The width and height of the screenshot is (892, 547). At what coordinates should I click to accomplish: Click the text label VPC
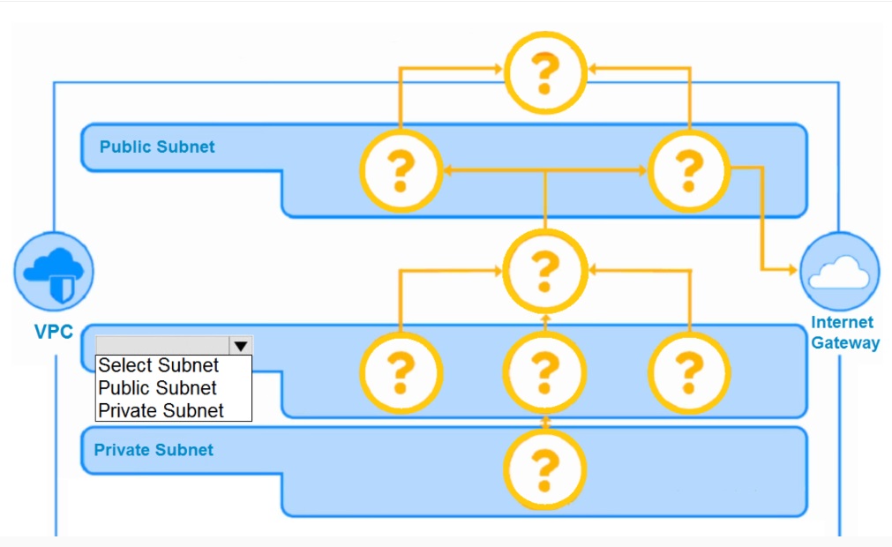[x=53, y=333]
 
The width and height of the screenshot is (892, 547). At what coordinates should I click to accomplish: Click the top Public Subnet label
[x=157, y=146]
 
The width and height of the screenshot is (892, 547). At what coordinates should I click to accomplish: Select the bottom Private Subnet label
[x=154, y=450]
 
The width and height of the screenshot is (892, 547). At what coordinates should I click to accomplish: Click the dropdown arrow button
[x=241, y=345]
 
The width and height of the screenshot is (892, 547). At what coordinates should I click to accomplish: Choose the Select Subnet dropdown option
[x=159, y=365]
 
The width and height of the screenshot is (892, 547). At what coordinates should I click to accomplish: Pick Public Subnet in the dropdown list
[x=157, y=388]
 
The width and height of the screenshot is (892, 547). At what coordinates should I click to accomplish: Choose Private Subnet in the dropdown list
[x=161, y=410]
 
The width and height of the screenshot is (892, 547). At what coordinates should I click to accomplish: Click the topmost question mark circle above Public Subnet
[x=545, y=72]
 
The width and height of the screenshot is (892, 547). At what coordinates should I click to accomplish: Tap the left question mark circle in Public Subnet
[x=401, y=169]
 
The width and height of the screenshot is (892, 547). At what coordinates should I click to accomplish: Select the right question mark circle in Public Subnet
[x=689, y=169]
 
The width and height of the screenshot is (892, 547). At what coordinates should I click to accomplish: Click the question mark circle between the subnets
[x=545, y=270]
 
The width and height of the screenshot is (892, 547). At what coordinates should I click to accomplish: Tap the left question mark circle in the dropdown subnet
[x=401, y=371]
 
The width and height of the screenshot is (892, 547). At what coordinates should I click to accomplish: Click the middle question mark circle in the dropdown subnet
[x=545, y=371]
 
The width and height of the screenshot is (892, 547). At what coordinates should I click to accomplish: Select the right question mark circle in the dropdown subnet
[x=689, y=371]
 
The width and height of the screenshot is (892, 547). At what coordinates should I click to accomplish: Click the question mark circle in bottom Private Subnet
[x=545, y=470]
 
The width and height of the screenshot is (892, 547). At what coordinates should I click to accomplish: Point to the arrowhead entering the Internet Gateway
[x=792, y=269]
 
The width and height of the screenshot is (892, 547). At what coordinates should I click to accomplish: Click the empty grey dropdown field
[x=162, y=345]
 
